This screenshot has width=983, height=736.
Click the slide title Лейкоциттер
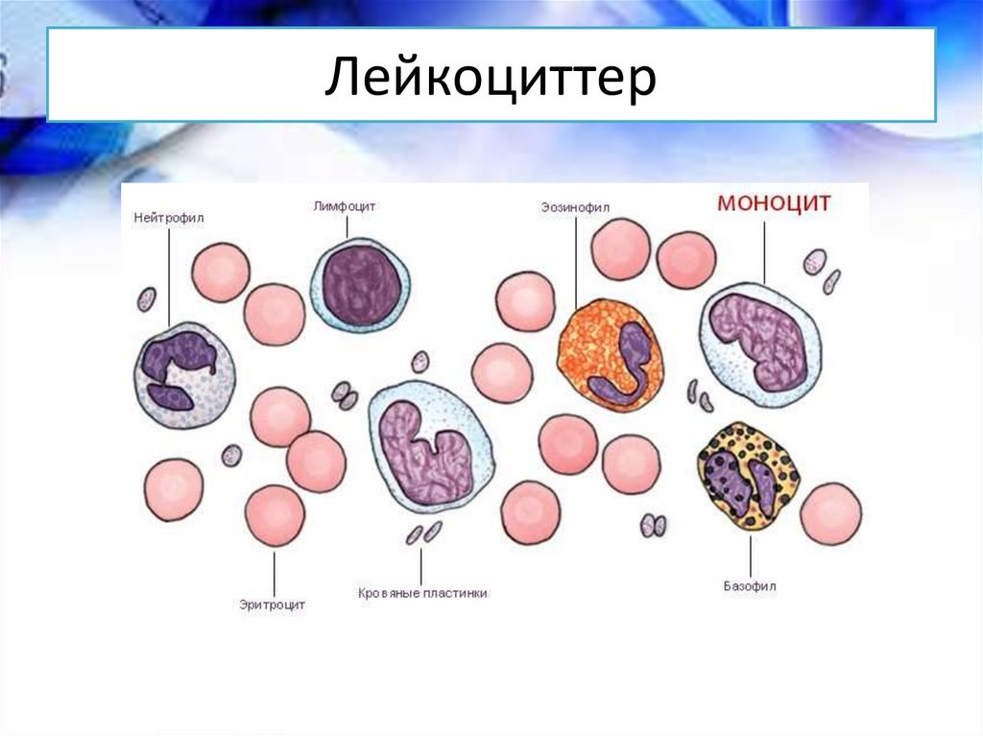click(x=491, y=76)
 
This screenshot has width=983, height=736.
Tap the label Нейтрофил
click(x=169, y=218)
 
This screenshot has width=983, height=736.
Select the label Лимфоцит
click(x=345, y=206)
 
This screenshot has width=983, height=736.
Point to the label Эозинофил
click(x=575, y=207)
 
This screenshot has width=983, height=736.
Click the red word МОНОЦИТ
click(x=774, y=203)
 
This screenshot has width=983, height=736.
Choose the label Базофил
click(x=750, y=587)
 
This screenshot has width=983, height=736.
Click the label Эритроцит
click(x=272, y=605)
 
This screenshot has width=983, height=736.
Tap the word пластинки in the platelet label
click(x=456, y=593)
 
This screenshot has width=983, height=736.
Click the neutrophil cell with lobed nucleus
click(x=183, y=375)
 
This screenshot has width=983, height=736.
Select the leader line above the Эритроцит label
click(x=274, y=572)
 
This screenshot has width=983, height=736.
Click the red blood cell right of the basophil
click(x=830, y=513)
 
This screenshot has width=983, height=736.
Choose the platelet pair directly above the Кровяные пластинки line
click(x=423, y=534)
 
